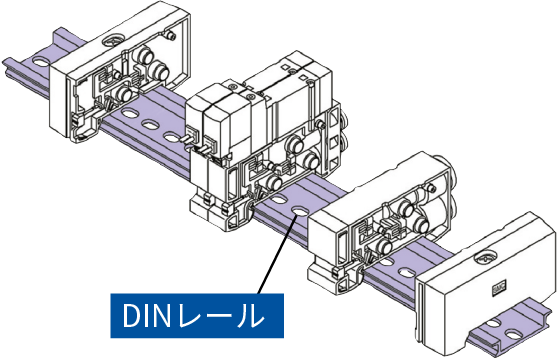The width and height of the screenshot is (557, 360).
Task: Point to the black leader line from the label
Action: [x=277, y=254]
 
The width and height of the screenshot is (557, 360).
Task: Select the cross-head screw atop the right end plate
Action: [x=486, y=258]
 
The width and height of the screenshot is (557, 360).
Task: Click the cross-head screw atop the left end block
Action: [x=113, y=39]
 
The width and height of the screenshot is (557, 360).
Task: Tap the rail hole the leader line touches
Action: [x=299, y=211]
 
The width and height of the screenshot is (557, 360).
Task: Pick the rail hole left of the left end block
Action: [x=42, y=62]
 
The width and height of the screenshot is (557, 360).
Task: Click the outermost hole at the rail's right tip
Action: [x=513, y=335]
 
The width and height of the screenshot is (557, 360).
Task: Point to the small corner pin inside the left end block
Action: [x=171, y=35]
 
